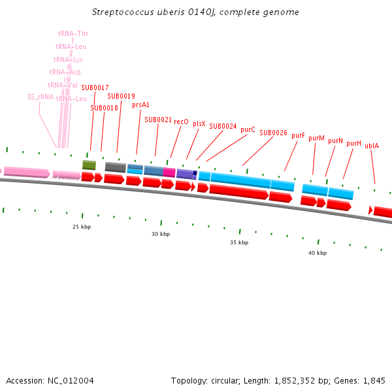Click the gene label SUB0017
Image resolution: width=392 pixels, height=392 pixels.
[x=95, y=88]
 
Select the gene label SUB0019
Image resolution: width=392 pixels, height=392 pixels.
[x=121, y=96]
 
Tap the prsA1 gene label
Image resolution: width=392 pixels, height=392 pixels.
[x=140, y=105]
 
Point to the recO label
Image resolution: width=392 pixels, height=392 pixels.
[x=181, y=122]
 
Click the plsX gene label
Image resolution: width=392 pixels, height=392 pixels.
[x=199, y=123]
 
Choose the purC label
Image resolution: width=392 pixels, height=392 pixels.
[x=248, y=129]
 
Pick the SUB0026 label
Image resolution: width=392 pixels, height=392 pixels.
[x=273, y=133]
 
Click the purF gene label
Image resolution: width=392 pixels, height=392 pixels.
[x=298, y=135]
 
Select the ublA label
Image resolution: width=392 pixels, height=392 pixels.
[x=372, y=146]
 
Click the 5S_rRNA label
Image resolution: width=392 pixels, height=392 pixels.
[x=41, y=97]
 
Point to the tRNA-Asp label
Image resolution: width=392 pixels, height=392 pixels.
[x=65, y=72]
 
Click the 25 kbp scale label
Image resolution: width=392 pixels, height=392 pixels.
[x=80, y=227]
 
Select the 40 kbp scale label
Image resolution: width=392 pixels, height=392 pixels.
[x=318, y=253]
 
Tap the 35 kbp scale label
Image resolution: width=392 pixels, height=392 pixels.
[x=239, y=242]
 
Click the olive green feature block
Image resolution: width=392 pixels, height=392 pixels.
[x=89, y=165]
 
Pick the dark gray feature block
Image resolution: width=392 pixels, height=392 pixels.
[x=115, y=167]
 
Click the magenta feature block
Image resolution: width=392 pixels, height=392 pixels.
[x=169, y=172]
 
